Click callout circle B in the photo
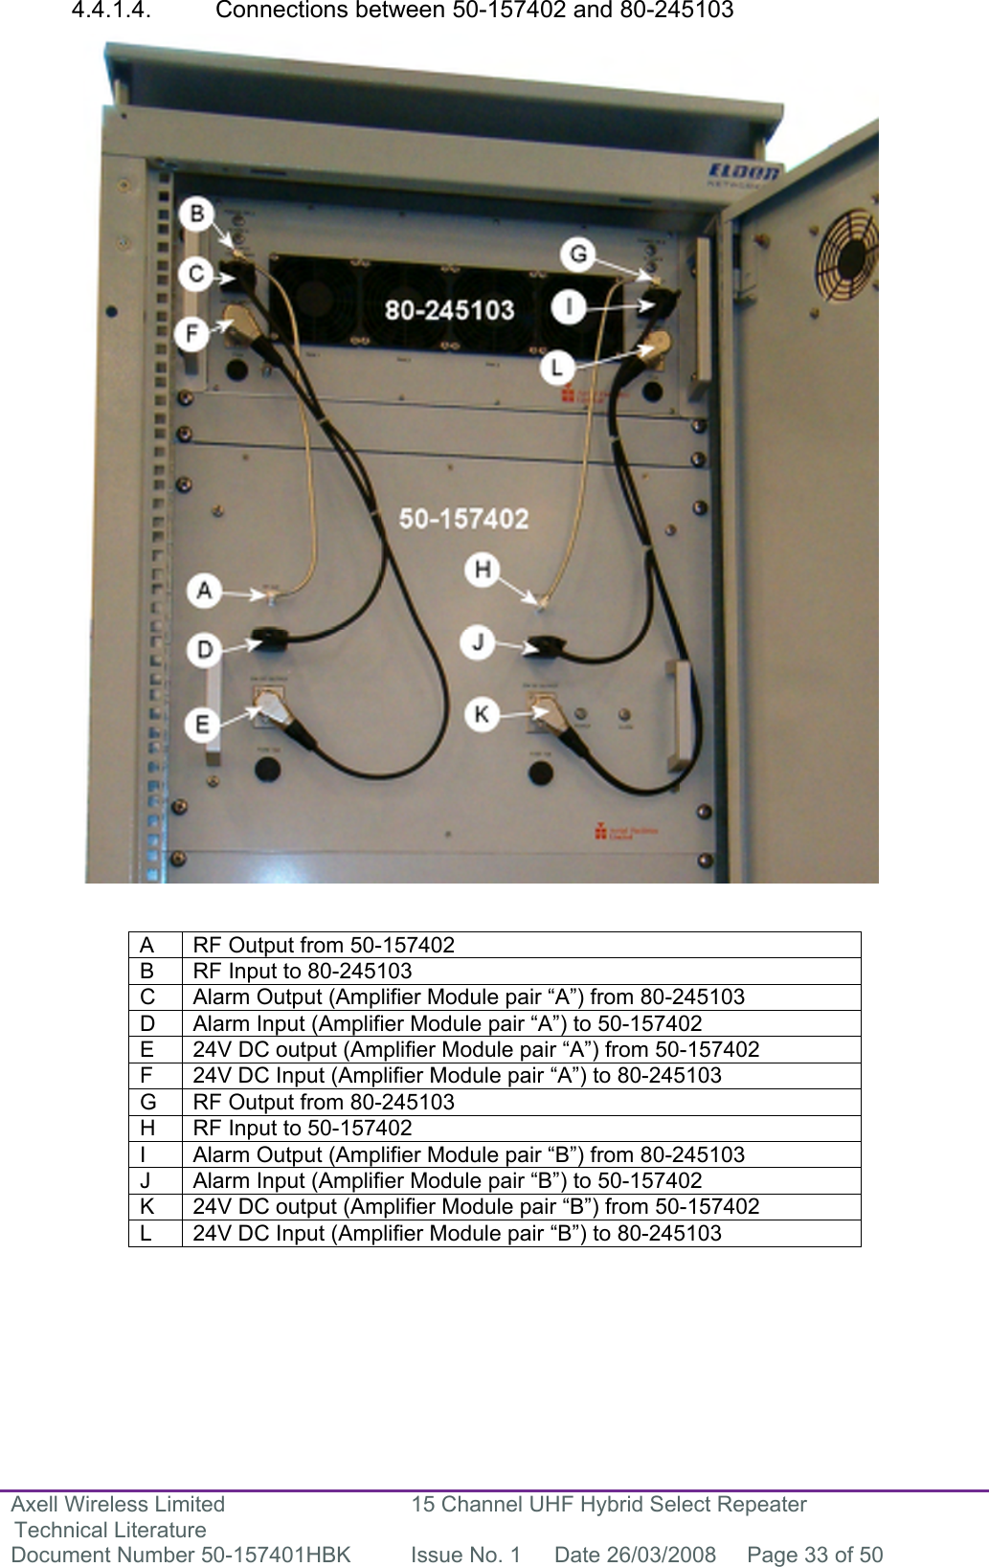tap(197, 213)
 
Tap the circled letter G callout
tap(578, 255)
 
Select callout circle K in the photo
tap(482, 714)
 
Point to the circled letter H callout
tap(482, 570)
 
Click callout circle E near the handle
tap(202, 725)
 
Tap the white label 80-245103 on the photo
tap(449, 310)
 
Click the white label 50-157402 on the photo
tap(463, 519)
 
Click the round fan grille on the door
tap(844, 253)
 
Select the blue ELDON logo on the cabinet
tap(744, 172)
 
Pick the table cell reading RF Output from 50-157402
tap(324, 945)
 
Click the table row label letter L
tap(146, 1233)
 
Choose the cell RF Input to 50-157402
tap(303, 1128)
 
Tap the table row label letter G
tap(147, 1102)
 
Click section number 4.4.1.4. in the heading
tap(111, 11)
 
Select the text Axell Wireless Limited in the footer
tap(118, 1505)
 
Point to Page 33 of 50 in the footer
tap(815, 1555)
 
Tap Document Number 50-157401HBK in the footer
tap(181, 1555)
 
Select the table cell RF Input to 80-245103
tap(303, 971)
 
